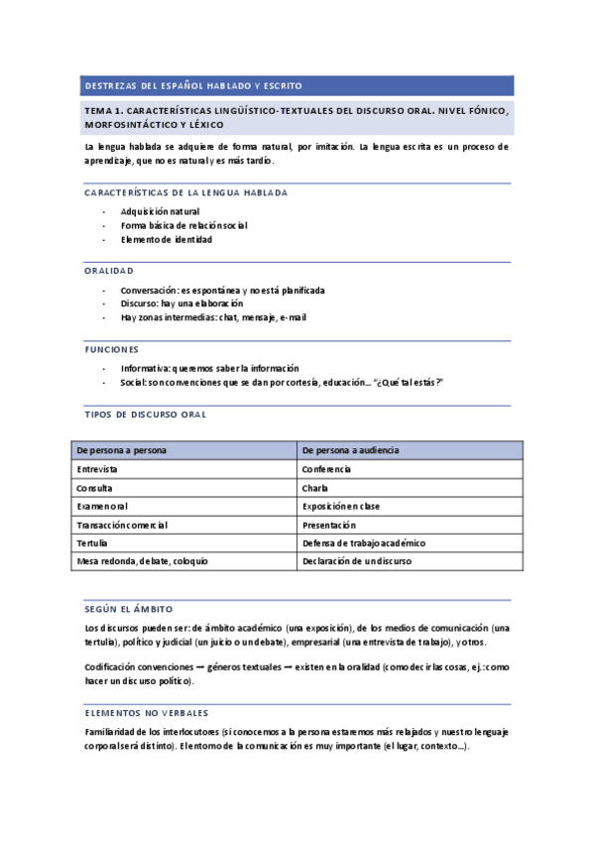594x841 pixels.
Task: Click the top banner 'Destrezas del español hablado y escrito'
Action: (x=193, y=85)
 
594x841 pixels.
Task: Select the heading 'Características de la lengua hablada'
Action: (x=186, y=192)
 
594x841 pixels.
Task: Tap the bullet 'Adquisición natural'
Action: (x=160, y=211)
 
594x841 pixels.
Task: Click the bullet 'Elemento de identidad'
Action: (x=166, y=239)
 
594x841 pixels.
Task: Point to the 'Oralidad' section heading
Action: (x=109, y=271)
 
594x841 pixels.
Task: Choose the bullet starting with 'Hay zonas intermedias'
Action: (x=213, y=317)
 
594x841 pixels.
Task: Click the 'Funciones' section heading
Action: (x=112, y=349)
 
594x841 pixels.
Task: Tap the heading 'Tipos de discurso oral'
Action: (x=145, y=414)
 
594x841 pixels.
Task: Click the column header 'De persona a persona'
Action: (x=121, y=450)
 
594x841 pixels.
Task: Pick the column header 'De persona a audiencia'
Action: (x=350, y=450)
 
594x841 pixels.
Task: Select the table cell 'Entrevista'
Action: (x=97, y=469)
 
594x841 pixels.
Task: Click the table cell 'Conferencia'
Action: (x=326, y=469)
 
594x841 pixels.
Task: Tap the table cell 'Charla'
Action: (x=314, y=488)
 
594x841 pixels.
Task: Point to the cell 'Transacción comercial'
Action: (x=122, y=525)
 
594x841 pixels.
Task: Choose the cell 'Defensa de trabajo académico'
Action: (x=363, y=543)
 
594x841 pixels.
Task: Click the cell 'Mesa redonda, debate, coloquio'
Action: (x=142, y=562)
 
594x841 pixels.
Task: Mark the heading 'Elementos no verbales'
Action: (x=147, y=713)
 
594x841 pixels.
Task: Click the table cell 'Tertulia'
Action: (x=92, y=543)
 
